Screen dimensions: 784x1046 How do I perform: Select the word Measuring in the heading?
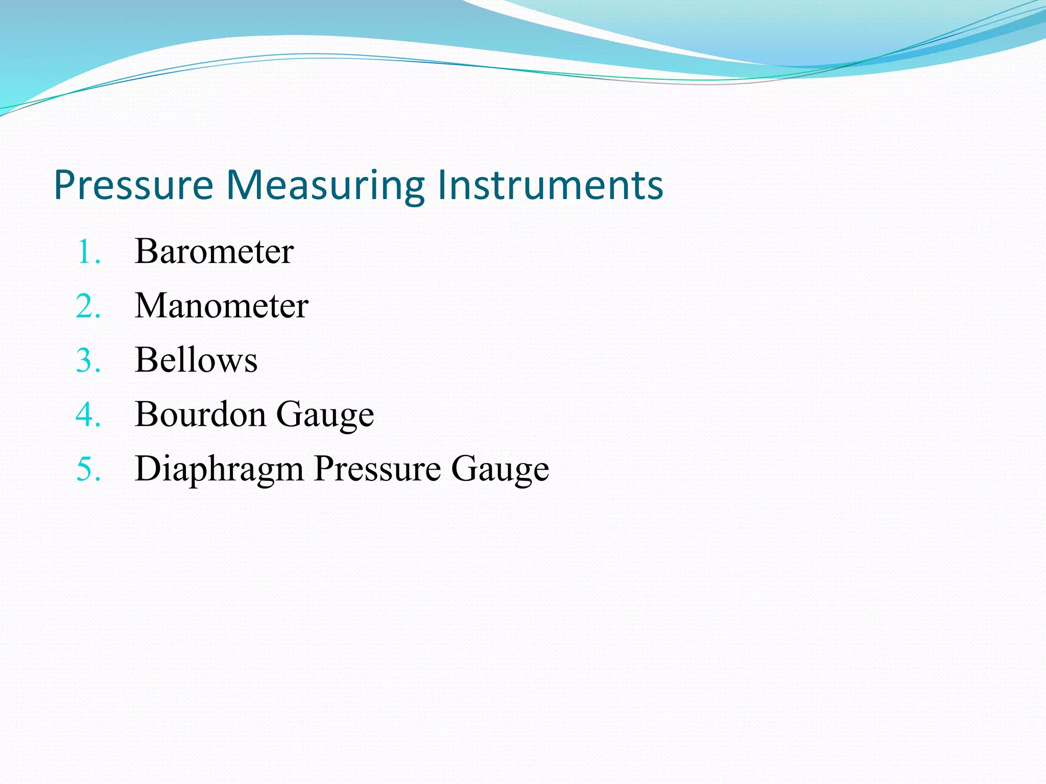[x=325, y=186]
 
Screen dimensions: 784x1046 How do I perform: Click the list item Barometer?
[x=214, y=252]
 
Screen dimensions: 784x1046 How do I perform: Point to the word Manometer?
[x=221, y=306]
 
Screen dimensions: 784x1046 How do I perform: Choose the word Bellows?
[x=196, y=360]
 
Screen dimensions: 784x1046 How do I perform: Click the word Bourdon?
[x=200, y=414]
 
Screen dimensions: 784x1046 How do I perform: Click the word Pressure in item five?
[x=377, y=469]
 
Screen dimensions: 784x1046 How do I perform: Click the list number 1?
[x=88, y=252]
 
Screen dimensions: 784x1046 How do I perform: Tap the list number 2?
[x=88, y=306]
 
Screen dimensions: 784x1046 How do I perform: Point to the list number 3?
[x=88, y=360]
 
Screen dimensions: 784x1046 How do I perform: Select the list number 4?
[x=88, y=414]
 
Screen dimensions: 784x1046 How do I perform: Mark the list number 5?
[x=88, y=469]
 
